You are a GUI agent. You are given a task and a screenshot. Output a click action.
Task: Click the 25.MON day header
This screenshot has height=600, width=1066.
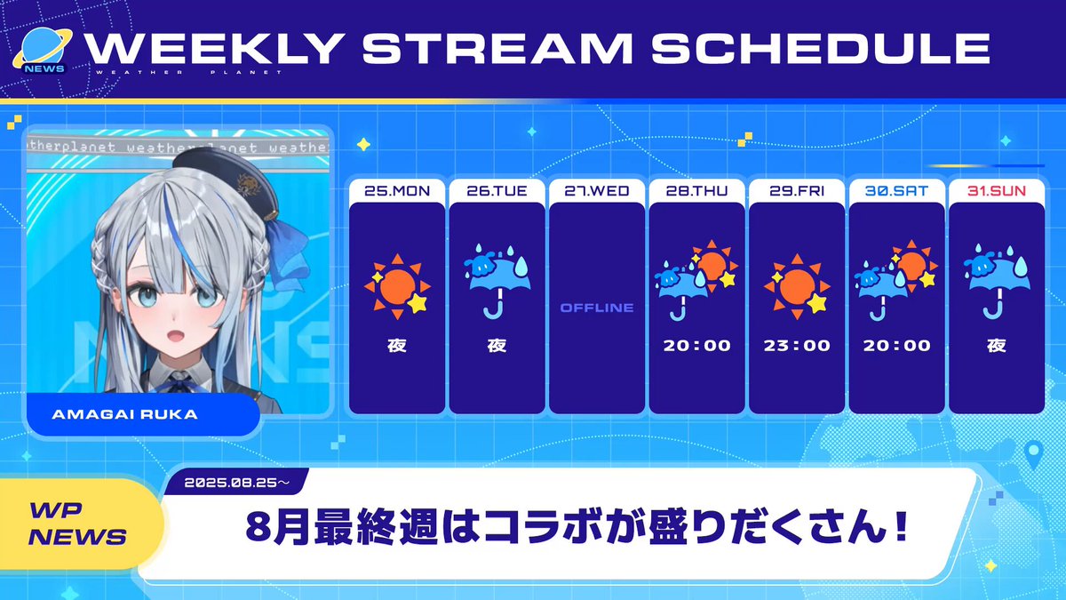(x=397, y=191)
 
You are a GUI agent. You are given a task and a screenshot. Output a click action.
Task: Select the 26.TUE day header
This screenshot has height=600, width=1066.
(x=497, y=191)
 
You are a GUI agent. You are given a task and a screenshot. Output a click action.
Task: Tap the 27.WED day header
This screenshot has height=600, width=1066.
(x=597, y=191)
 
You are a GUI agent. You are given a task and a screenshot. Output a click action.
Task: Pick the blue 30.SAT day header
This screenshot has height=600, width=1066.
(x=896, y=191)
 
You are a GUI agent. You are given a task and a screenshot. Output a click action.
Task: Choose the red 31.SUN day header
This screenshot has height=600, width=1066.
(x=997, y=191)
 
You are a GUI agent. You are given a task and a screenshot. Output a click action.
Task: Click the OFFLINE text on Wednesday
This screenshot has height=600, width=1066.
(x=597, y=308)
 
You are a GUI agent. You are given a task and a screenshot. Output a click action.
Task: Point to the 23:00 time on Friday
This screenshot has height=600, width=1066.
(x=797, y=345)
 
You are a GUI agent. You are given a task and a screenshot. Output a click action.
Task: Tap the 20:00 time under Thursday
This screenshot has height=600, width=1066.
(x=696, y=345)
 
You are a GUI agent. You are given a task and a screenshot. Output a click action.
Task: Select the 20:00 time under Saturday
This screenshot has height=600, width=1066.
(x=896, y=345)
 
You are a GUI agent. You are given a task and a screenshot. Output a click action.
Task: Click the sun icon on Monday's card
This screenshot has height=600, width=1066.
(x=397, y=286)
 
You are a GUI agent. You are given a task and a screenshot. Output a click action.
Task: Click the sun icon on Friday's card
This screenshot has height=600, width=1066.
(x=797, y=286)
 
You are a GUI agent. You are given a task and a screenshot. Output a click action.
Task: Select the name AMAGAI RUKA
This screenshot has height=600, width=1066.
(x=124, y=414)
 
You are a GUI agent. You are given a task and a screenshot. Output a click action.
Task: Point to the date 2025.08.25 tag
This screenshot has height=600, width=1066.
(x=236, y=483)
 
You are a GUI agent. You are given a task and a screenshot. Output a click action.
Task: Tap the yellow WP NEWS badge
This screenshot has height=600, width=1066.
(x=78, y=524)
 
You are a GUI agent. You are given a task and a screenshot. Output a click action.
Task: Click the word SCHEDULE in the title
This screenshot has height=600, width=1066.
(x=821, y=48)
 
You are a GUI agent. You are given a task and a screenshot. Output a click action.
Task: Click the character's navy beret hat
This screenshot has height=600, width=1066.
(x=229, y=175)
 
